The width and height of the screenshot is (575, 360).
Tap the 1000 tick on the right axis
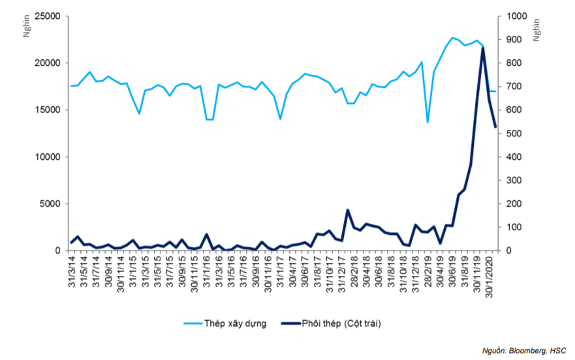click(512, 16)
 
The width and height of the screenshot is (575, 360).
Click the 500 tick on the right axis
click(510, 134)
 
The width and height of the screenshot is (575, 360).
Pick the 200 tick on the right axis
click(510, 204)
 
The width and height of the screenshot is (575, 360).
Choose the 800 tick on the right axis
click(510, 63)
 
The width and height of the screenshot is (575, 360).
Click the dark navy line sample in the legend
click(297, 324)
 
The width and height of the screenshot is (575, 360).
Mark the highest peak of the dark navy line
click(482, 48)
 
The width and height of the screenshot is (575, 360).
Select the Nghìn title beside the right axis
click(536, 30)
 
